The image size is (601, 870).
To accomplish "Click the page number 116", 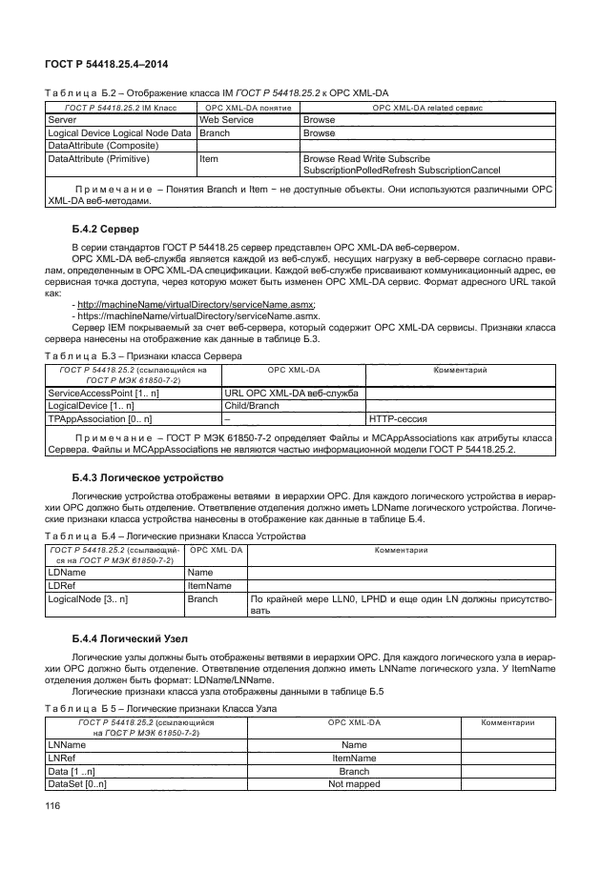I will (x=54, y=807).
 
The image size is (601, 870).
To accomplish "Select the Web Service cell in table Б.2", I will (x=225, y=121).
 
